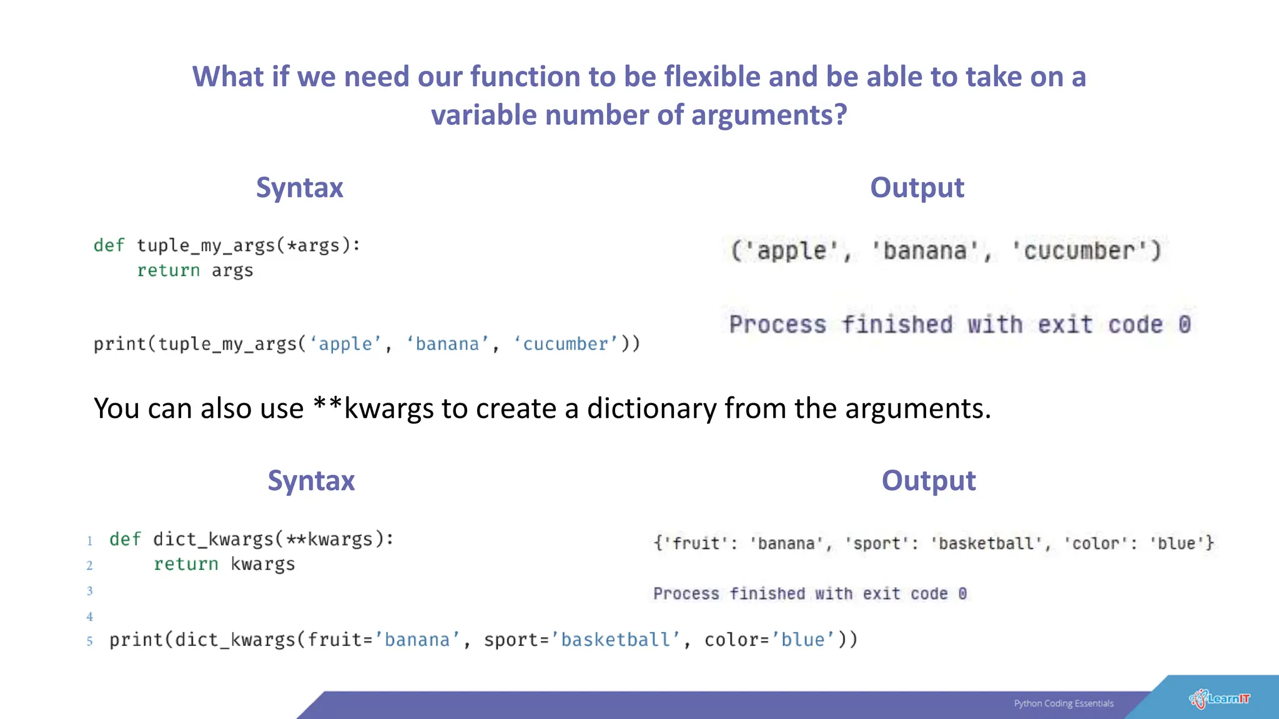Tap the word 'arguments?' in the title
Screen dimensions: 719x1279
tap(769, 115)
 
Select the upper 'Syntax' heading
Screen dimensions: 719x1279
tap(299, 188)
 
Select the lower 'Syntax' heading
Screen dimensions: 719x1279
tap(311, 481)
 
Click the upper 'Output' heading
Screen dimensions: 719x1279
tap(917, 188)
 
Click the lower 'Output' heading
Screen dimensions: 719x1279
tap(928, 481)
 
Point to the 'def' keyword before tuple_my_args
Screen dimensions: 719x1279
tap(109, 245)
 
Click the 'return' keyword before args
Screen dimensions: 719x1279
tap(169, 270)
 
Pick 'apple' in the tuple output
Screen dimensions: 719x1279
tap(792, 251)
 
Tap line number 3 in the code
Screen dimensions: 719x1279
tap(90, 590)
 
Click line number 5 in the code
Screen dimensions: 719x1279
tap(90, 641)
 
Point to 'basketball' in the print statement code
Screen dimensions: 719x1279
tap(615, 640)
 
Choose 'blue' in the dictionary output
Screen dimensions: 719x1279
tap(1177, 543)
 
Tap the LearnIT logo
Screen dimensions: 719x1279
tap(1220, 698)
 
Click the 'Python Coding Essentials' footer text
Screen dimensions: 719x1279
tap(1064, 703)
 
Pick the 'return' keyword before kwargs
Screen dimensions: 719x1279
tap(186, 564)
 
